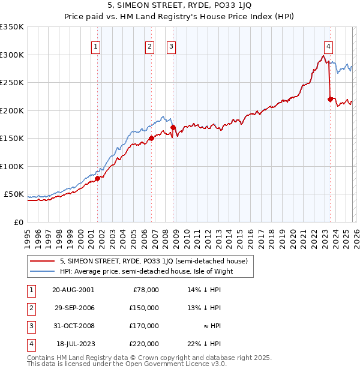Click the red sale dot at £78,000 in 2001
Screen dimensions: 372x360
(97, 178)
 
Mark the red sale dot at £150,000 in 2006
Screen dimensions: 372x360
(151, 138)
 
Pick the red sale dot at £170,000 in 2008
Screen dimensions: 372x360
(173, 127)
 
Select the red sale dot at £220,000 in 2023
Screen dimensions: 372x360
(330, 99)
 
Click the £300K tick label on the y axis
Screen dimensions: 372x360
(12, 55)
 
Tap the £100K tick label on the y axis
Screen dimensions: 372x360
(12, 166)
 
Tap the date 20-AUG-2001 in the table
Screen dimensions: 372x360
(73, 290)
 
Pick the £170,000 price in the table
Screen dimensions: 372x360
(144, 326)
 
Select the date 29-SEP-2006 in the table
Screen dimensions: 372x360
(73, 308)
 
